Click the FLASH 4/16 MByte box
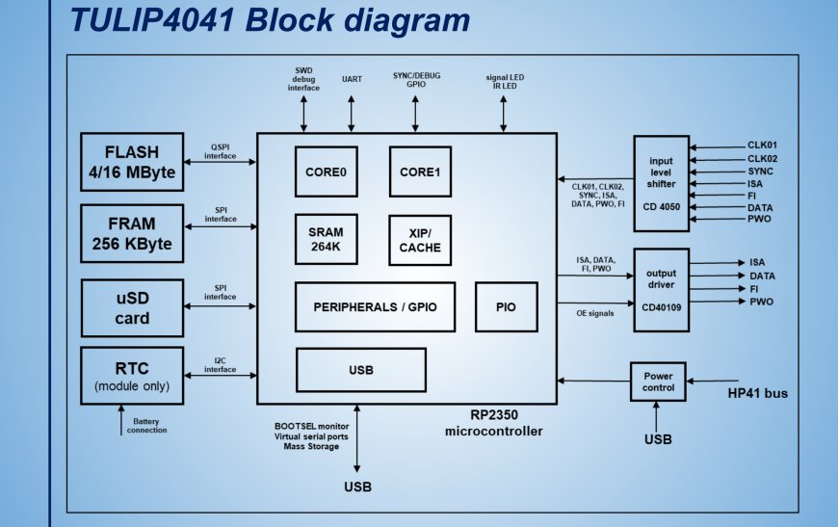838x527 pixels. (132, 162)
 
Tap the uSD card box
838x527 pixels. (132, 307)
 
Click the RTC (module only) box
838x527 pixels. (132, 376)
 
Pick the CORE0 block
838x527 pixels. (326, 171)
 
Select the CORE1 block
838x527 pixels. (420, 171)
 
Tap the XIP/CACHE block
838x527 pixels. (420, 240)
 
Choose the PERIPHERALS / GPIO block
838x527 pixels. (375, 307)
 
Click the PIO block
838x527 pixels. (506, 307)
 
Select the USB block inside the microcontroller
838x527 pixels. (360, 370)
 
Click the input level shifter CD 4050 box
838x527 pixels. (661, 183)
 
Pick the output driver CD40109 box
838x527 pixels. (661, 289)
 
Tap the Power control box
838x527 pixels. (660, 382)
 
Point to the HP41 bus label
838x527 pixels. (756, 393)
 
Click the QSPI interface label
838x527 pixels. (220, 151)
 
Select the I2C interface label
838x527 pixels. (220, 365)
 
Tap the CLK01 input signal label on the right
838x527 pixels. (762, 145)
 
